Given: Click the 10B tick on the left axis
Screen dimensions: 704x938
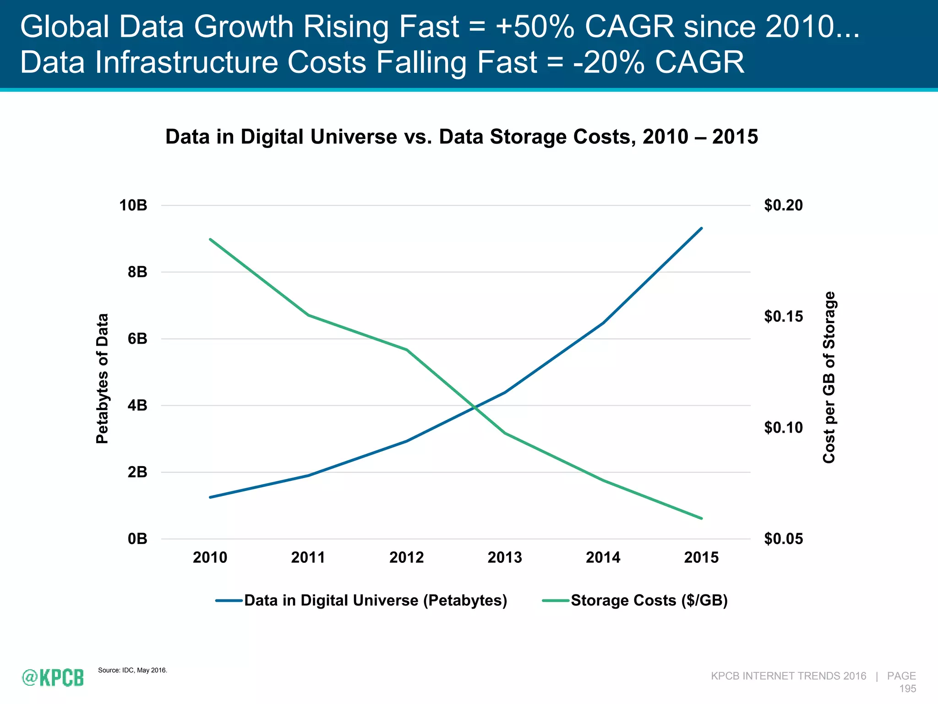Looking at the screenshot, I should pos(133,205).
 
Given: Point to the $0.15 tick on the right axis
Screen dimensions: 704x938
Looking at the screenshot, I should pos(783,316).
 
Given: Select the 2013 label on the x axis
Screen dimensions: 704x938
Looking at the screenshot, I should pos(505,557).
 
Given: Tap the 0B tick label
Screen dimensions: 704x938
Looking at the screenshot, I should pos(137,539).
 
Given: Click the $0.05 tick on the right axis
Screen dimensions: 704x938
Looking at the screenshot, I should pos(783,539).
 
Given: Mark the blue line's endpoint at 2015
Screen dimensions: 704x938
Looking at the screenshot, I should pos(701,228).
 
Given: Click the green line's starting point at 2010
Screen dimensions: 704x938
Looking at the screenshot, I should pos(210,239).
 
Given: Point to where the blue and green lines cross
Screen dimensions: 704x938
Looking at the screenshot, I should pos(476,407).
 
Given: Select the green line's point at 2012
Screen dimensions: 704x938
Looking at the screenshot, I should pos(407,350).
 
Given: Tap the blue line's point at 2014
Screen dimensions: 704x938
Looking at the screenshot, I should pos(603,323).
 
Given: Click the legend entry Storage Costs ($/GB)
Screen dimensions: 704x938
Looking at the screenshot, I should pos(649,600).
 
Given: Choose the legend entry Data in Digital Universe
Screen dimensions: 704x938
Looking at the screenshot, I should pos(376,600).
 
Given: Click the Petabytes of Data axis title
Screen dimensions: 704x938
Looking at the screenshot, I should pos(102,378).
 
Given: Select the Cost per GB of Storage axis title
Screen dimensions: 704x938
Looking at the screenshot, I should pos(829,377).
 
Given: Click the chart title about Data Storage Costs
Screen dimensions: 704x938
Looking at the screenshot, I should pos(461,137).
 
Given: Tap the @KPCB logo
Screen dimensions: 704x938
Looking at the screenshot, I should pos(53,677).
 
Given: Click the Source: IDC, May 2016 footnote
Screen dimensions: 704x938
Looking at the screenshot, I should pos(132,670).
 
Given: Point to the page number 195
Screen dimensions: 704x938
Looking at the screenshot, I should pos(907,688).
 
